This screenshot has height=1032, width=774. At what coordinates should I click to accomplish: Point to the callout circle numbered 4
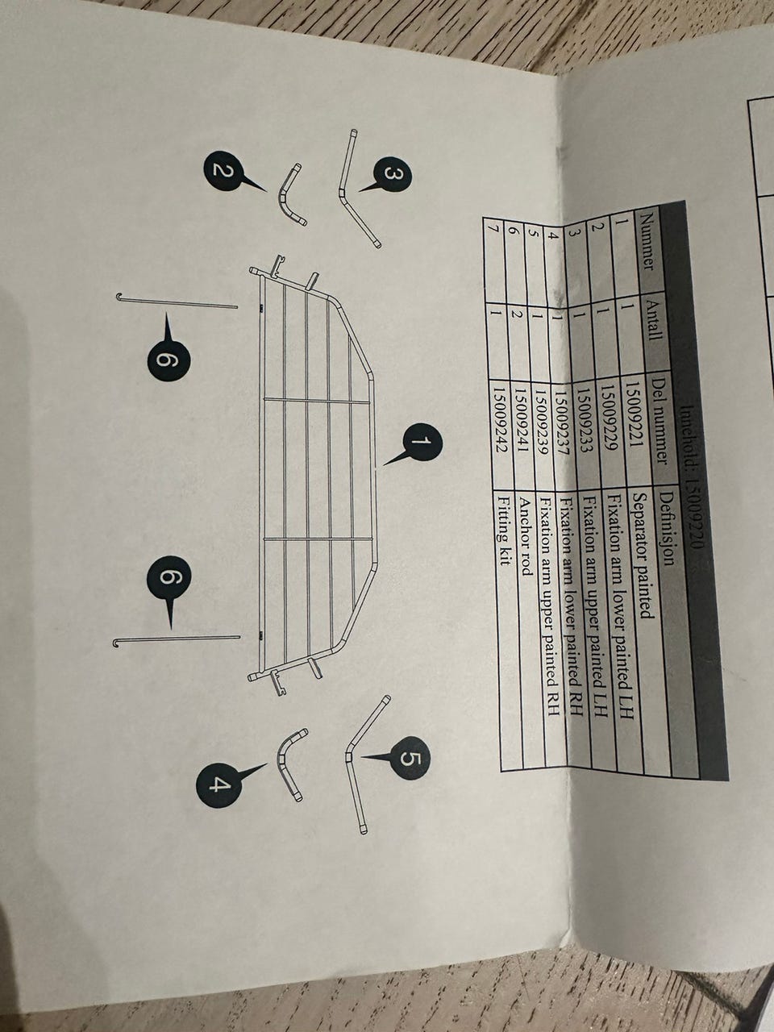217,784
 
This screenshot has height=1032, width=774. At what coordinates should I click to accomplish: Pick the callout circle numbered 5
410,759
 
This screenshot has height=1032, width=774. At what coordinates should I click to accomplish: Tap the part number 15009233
585,423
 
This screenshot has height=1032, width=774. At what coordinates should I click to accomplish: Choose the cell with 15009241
522,423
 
